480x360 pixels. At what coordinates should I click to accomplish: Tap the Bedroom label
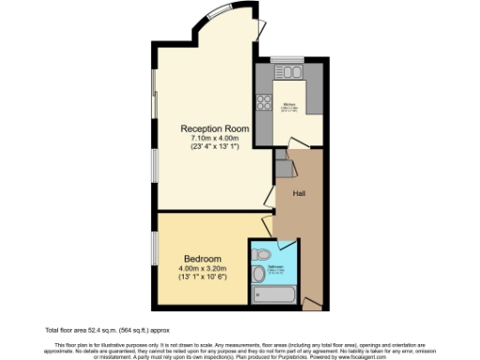pyautogui.click(x=202, y=259)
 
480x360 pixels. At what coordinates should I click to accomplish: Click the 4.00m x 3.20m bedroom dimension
pyautogui.click(x=202, y=268)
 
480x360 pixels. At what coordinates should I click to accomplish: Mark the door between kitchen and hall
pyautogui.click(x=297, y=143)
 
